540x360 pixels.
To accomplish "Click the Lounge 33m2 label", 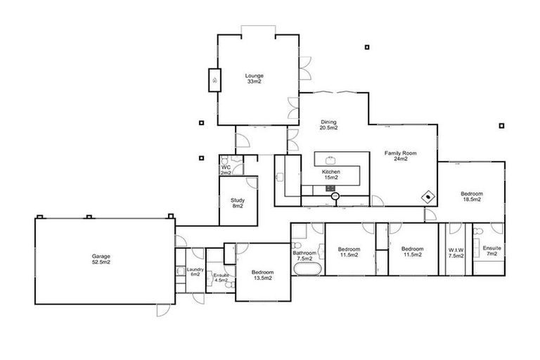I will pyautogui.click(x=254, y=78).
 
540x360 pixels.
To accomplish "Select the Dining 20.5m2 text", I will pyautogui.click(x=328, y=124).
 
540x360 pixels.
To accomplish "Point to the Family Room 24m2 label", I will pyautogui.click(x=401, y=155).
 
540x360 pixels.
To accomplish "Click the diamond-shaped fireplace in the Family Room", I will pyautogui.click(x=427, y=197).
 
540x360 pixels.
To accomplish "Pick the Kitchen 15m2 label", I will pyautogui.click(x=330, y=175).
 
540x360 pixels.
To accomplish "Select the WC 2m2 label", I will pyautogui.click(x=226, y=169).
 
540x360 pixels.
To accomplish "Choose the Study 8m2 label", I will pyautogui.click(x=238, y=203).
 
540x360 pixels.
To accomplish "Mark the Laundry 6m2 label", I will pyautogui.click(x=195, y=271).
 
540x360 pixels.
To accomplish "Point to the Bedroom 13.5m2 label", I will pyautogui.click(x=262, y=274).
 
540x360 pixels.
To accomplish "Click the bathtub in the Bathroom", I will pyautogui.click(x=306, y=270).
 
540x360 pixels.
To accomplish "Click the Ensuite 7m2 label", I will pyautogui.click(x=491, y=251).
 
